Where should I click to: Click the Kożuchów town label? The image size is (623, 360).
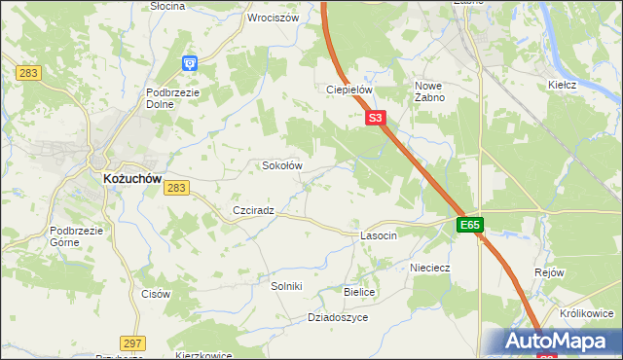pos(131,179)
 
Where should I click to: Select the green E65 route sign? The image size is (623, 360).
pos(470,225)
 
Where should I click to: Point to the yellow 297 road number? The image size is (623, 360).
pos(133,342)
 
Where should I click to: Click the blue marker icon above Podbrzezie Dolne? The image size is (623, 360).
pos(189,64)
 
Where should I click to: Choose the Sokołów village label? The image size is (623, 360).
pos(282,165)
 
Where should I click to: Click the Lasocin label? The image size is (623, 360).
pos(379,236)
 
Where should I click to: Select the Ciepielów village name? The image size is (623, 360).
pos(349,90)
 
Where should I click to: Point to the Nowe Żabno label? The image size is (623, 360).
pos(435,91)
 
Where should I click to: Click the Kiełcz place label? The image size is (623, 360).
pos(563,85)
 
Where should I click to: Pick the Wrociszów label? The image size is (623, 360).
pos(273,18)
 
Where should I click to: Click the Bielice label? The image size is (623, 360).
pos(359,292)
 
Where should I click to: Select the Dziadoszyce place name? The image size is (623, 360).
pos(337,317)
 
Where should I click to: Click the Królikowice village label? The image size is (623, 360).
pos(587,313)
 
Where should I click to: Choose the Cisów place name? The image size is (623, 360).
pos(156,294)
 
